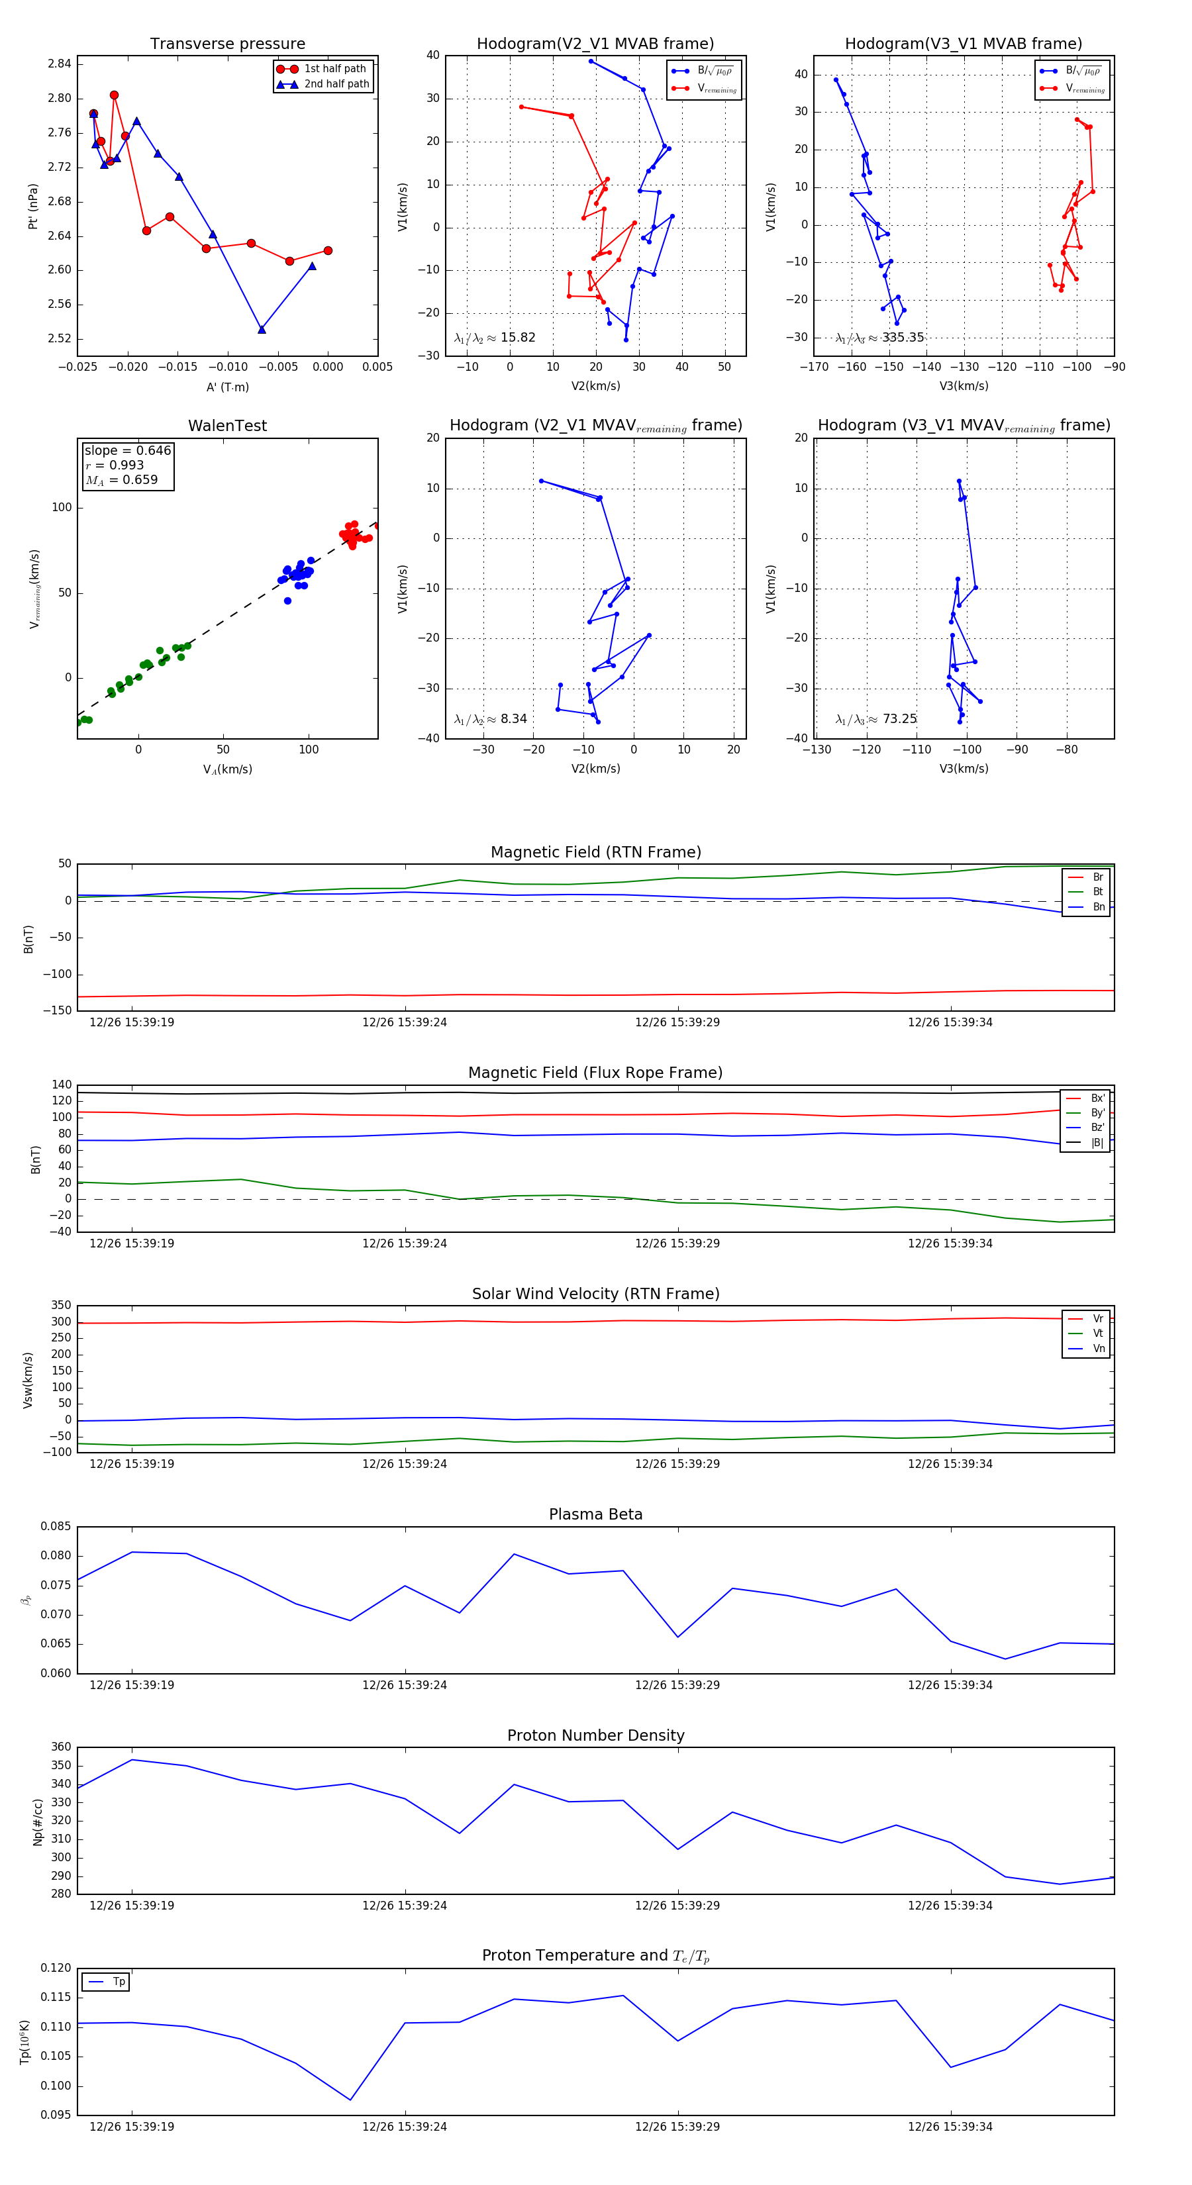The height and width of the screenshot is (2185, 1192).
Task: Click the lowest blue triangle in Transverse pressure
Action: coord(262,329)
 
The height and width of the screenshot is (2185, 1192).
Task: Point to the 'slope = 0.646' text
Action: coord(127,450)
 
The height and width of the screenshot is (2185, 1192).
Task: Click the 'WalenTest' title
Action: coord(227,426)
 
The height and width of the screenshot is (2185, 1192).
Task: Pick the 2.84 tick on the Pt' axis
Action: coord(60,64)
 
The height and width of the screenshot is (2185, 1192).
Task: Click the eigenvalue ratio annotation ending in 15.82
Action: coord(495,338)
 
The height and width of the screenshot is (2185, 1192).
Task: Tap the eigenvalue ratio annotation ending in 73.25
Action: coord(875,719)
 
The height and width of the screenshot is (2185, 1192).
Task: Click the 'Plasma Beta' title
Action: coord(595,1514)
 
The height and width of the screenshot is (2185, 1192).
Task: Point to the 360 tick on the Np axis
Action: coord(61,1747)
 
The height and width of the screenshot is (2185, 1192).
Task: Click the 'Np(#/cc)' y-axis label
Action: coord(37,1821)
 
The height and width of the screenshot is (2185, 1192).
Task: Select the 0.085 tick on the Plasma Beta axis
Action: coord(56,1526)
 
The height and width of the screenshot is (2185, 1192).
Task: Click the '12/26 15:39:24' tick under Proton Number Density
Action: coord(405,1905)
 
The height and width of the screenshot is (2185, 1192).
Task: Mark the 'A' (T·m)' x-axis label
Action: coord(227,387)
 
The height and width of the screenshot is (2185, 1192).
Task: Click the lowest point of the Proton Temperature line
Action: coord(350,2100)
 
